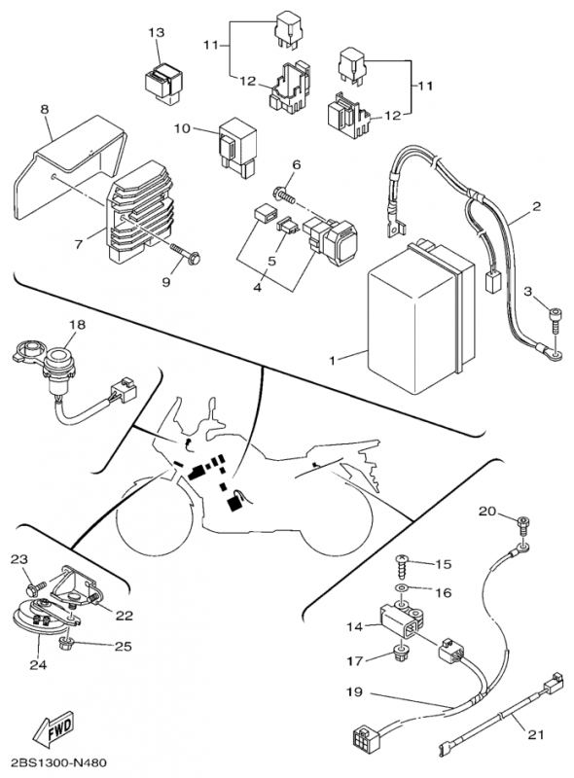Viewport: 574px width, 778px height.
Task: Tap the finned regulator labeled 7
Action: click(x=141, y=211)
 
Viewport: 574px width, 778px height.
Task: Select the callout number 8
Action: click(x=45, y=109)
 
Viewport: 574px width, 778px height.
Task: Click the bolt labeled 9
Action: click(x=186, y=253)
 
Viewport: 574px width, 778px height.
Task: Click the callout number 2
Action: click(x=536, y=206)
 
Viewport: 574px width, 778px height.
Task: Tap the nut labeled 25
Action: click(x=65, y=645)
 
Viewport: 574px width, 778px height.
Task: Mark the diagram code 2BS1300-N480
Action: click(x=54, y=762)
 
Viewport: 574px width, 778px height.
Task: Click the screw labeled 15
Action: click(x=403, y=565)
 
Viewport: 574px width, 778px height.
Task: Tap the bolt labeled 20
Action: click(x=521, y=525)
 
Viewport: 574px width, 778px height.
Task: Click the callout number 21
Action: click(x=535, y=734)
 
